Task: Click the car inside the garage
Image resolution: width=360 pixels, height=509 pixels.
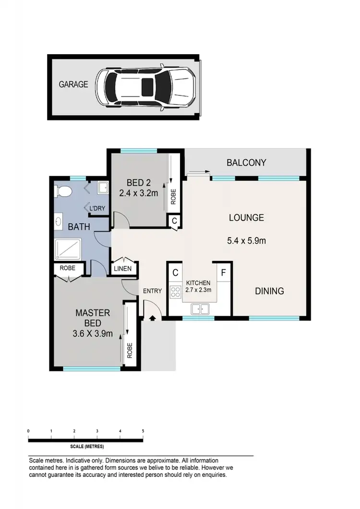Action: point(146,87)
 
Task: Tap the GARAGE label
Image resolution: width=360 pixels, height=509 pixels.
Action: point(73,84)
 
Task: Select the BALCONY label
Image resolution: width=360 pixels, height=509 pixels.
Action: point(246,163)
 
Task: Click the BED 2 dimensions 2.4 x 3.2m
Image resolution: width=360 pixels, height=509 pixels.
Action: point(139,194)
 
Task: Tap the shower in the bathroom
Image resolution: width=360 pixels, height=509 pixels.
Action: point(70,250)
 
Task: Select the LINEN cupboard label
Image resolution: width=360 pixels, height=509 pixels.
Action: point(122,269)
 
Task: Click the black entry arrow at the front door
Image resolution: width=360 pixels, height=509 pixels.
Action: point(153,318)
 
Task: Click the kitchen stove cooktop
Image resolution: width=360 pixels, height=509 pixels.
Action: point(175,290)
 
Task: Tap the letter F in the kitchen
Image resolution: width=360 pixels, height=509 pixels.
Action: point(223,272)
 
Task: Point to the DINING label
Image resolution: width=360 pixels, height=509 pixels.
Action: point(269,291)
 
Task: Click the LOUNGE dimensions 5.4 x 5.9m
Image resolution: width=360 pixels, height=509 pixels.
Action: point(247,240)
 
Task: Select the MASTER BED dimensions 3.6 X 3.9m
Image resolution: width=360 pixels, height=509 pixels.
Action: point(92,334)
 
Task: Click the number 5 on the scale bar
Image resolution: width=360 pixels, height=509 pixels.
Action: point(143,431)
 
